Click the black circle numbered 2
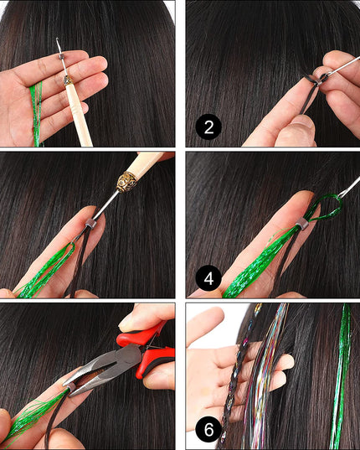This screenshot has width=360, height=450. click(208, 127)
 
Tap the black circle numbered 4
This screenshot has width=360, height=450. click(208, 278)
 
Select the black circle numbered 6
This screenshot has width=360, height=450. click(208, 430)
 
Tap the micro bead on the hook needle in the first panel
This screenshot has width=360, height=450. click(61, 56)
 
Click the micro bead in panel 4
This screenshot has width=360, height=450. click(301, 223)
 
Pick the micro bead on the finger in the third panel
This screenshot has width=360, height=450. click(90, 223)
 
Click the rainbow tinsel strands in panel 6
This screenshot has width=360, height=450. click(266, 373)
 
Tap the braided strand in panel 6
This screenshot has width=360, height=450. click(237, 373)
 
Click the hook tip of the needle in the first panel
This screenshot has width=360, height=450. click(58, 39)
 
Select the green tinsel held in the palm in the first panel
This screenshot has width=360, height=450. click(36, 113)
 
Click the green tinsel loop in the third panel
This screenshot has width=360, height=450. click(68, 251)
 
